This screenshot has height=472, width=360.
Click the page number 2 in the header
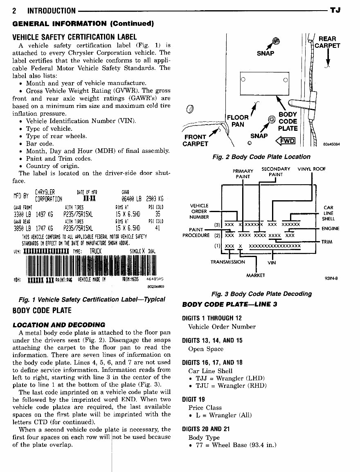pos(15,11)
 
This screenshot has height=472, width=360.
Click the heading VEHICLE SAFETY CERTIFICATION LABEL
pos(74,37)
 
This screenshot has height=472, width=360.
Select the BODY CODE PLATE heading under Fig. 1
pos(42,310)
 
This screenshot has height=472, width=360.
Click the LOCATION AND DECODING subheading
pos(59,325)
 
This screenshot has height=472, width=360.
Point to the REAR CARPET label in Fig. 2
pos(328,43)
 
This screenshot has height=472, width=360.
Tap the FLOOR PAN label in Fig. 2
pos(238,121)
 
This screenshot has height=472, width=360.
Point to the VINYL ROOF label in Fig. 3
pos(312,169)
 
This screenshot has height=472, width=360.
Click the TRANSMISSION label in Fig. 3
pos(227,262)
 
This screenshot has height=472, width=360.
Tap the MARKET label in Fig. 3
pos(256,275)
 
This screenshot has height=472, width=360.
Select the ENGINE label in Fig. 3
pos(331,228)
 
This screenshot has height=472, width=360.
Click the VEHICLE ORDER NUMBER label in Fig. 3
pos(199,211)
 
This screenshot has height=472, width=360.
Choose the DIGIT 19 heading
pos(193,399)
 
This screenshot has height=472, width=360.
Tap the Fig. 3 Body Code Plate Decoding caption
pos(261,293)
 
